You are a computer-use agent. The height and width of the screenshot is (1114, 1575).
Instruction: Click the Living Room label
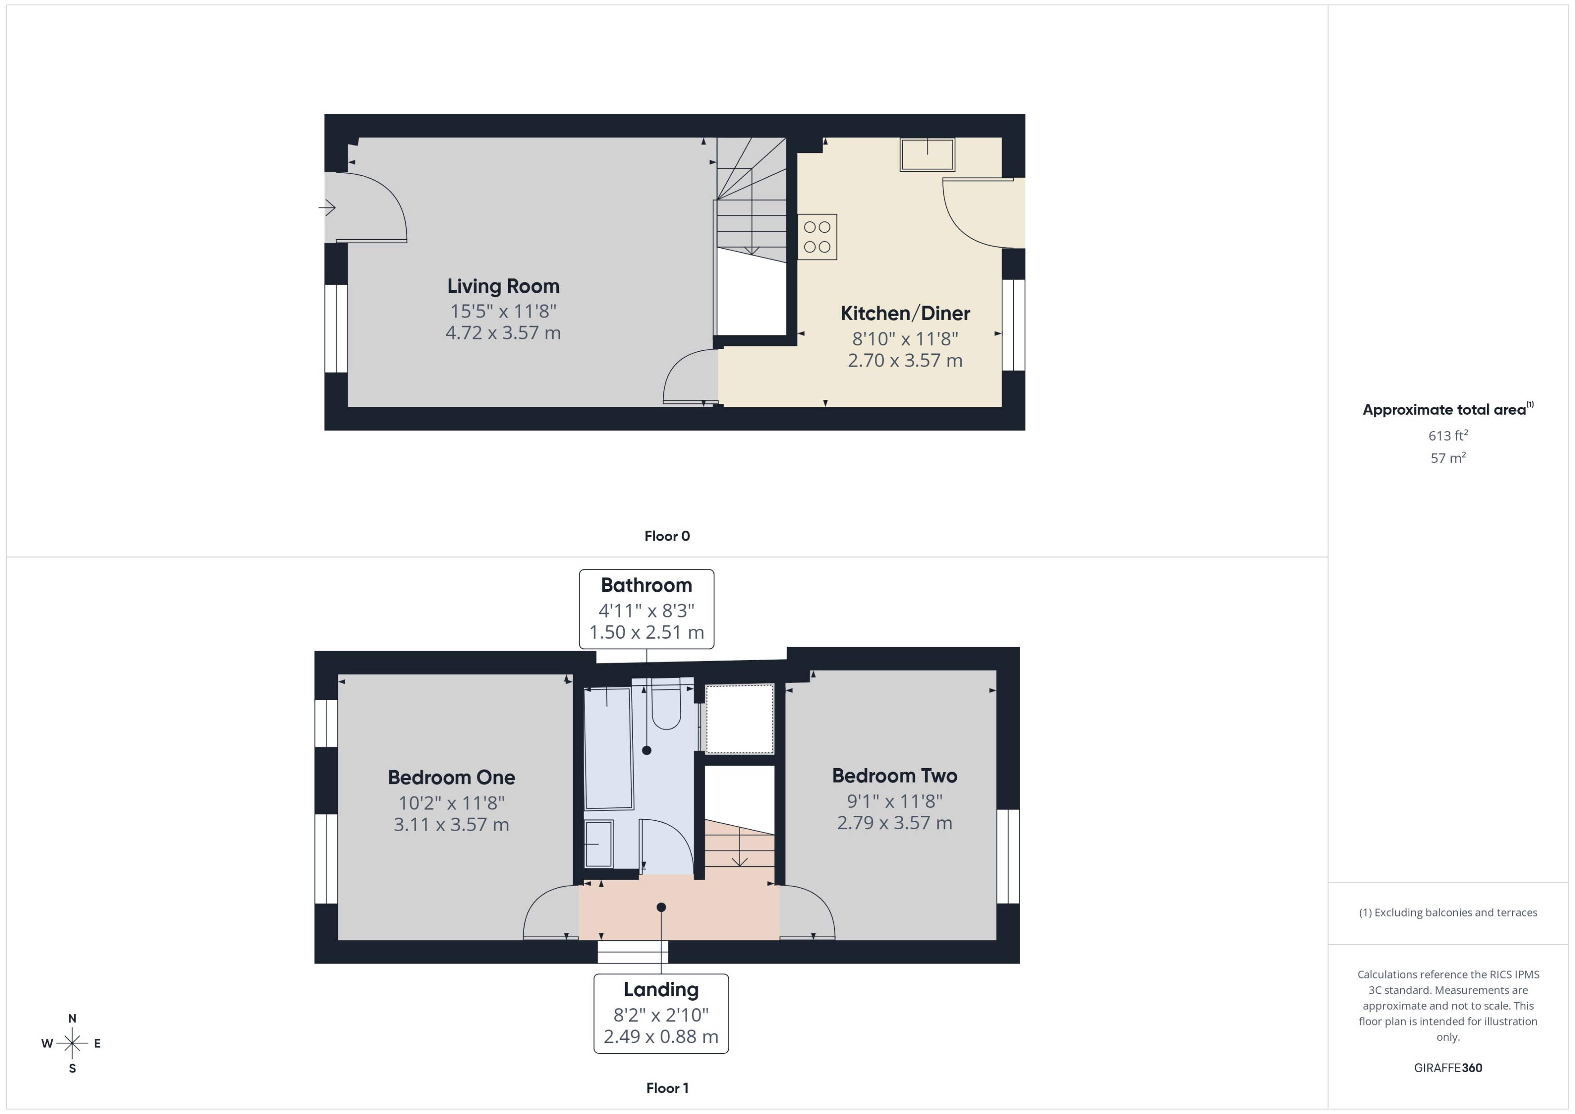pos(503,286)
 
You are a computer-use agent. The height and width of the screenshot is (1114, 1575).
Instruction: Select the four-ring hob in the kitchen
pos(817,237)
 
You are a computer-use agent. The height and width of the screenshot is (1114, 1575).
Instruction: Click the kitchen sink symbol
pos(927,154)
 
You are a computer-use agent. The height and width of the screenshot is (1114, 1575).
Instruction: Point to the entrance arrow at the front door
pos(327,207)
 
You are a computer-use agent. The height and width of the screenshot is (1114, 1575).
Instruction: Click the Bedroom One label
pos(451,777)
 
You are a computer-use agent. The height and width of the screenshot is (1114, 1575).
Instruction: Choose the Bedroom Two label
pos(894,776)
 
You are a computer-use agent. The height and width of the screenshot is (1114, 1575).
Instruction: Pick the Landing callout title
pos(661,989)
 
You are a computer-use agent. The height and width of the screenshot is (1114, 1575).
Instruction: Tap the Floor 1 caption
pos(666,1088)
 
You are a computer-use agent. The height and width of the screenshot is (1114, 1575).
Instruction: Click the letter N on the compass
pos(72,1019)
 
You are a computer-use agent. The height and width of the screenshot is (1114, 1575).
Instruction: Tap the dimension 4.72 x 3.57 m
pos(503,333)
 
